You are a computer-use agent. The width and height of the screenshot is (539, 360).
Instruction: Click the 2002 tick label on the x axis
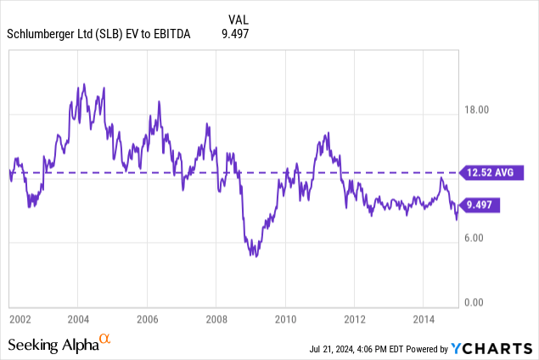pos(20,319)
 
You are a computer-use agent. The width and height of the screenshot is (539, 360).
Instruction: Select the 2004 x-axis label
pos(78,319)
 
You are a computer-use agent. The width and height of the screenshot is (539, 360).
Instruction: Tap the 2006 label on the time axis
pos(147,319)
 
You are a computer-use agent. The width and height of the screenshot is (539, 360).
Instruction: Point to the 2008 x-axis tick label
pos(216,319)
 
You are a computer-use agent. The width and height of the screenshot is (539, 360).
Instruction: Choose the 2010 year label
pos(285,319)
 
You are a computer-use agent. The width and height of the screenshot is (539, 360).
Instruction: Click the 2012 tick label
pos(354,319)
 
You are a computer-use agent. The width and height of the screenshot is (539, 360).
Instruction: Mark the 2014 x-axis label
pos(424,319)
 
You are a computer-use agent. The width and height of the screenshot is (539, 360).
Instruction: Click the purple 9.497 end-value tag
pos(481,205)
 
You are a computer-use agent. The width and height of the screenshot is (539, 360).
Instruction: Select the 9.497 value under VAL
pos(230,34)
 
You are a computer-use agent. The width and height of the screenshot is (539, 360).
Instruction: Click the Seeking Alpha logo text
pos(53,345)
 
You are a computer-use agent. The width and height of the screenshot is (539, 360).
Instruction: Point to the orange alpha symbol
pos(105,340)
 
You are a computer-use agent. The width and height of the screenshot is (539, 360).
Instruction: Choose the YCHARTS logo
pos(491,348)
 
